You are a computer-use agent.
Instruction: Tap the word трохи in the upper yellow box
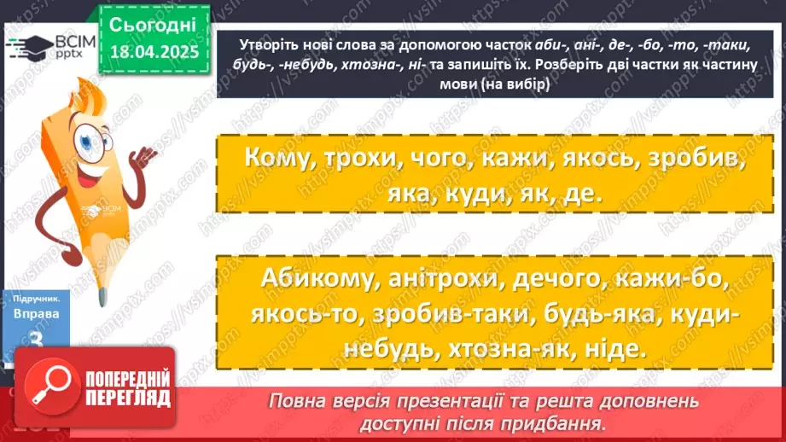(365, 160)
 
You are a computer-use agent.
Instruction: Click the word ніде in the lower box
(614, 349)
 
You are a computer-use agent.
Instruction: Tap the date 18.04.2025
(154, 53)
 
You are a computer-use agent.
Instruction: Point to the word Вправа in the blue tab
(36, 314)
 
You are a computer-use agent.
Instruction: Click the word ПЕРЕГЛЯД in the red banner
(125, 398)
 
